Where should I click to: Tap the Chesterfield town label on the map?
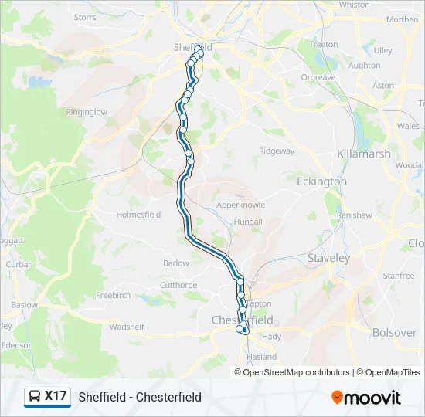(x=243, y=320)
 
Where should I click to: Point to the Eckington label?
(x=321, y=181)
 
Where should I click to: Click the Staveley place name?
(x=328, y=258)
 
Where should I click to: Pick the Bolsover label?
(x=394, y=333)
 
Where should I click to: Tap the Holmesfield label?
(x=138, y=215)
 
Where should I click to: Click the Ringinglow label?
(x=87, y=112)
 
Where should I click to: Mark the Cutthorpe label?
(x=178, y=285)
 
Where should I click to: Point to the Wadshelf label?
(x=127, y=327)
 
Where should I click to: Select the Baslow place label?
(x=24, y=305)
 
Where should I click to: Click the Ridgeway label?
(x=277, y=151)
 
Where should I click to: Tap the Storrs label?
(x=84, y=16)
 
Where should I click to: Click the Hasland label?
(x=261, y=358)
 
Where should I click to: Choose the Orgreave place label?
(x=318, y=77)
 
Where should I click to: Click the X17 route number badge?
(x=56, y=396)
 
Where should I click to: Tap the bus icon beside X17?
(x=35, y=397)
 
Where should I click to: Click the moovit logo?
(x=366, y=398)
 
